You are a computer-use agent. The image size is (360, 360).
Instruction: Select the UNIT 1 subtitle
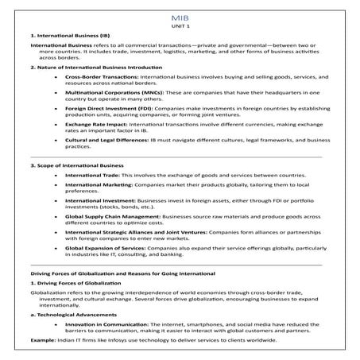180,26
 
